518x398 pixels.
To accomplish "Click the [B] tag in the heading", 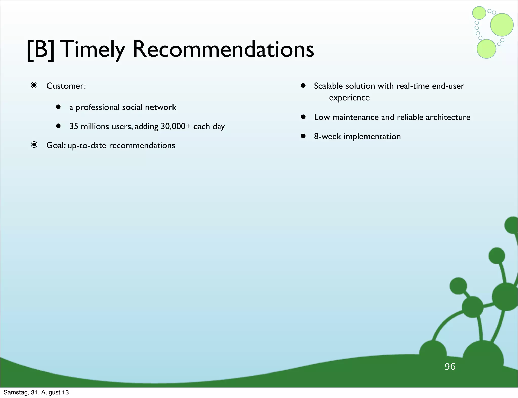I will [40, 50].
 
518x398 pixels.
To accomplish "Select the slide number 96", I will [450, 367].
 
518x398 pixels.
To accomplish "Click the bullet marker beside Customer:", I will [34, 85].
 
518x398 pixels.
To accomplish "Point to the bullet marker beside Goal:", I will [34, 145].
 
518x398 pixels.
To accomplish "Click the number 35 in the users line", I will [74, 126].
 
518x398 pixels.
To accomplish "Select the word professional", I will [97, 107].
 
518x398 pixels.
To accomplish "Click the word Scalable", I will [328, 86].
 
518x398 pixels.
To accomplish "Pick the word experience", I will [349, 97].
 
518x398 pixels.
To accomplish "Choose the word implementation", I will [372, 137].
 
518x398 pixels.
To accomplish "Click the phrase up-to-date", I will [87, 146].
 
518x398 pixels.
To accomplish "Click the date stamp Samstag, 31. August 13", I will [36, 392].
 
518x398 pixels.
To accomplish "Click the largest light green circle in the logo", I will [502, 25].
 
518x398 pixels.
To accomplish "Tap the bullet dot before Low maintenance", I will [303, 117].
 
